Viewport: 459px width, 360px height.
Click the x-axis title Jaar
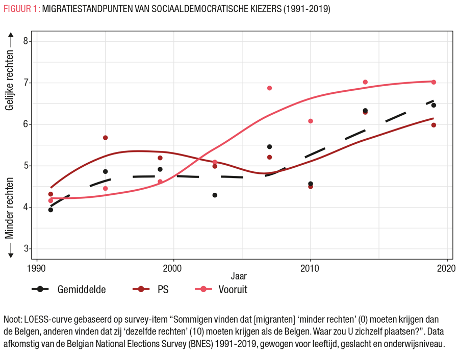(238, 277)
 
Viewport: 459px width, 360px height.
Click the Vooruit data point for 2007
(269, 88)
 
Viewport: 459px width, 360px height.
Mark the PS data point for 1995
(105, 138)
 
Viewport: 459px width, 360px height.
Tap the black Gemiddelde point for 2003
(215, 195)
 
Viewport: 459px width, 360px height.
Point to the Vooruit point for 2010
(311, 121)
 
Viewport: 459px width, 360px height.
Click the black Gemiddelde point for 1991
(50, 210)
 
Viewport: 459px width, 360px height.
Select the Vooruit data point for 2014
(365, 82)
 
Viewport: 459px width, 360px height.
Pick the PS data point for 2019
(433, 125)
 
